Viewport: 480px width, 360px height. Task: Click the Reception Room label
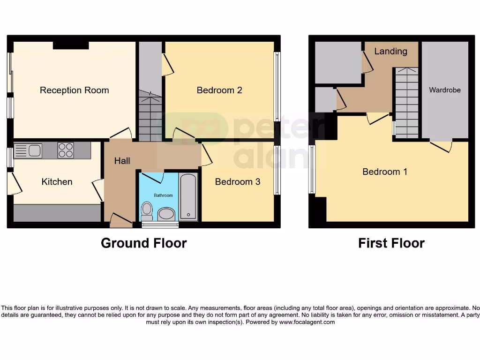(74, 90)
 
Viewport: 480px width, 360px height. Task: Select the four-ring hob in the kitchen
(66, 150)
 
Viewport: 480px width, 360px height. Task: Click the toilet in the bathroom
(147, 211)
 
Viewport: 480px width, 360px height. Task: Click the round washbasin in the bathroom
(165, 214)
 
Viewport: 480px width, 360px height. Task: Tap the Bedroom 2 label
(219, 90)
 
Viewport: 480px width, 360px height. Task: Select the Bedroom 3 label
(237, 181)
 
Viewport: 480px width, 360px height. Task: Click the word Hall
(122, 161)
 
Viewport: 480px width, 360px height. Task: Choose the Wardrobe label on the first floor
(445, 90)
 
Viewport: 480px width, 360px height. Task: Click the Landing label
(390, 51)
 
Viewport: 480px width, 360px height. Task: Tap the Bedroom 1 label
(385, 172)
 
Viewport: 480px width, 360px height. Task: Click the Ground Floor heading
(143, 243)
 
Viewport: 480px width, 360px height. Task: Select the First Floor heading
(391, 243)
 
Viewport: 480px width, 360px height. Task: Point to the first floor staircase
(406, 103)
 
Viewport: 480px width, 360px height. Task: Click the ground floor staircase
(150, 117)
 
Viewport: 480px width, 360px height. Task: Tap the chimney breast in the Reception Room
(71, 45)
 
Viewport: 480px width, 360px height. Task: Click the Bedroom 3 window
(277, 170)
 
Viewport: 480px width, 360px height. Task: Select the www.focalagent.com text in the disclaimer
(307, 322)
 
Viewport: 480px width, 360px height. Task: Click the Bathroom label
(164, 195)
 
